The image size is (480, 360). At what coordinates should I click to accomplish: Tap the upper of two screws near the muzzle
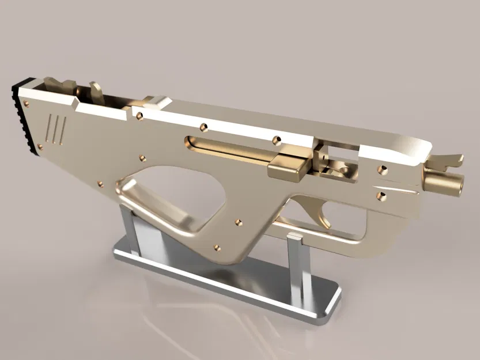click(x=382, y=169)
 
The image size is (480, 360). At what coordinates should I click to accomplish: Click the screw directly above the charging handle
click(x=276, y=139)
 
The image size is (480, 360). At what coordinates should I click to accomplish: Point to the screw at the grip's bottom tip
click(x=217, y=248)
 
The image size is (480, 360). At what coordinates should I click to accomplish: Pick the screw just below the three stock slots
click(x=40, y=146)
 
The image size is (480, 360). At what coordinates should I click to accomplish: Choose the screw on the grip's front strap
click(x=238, y=221)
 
